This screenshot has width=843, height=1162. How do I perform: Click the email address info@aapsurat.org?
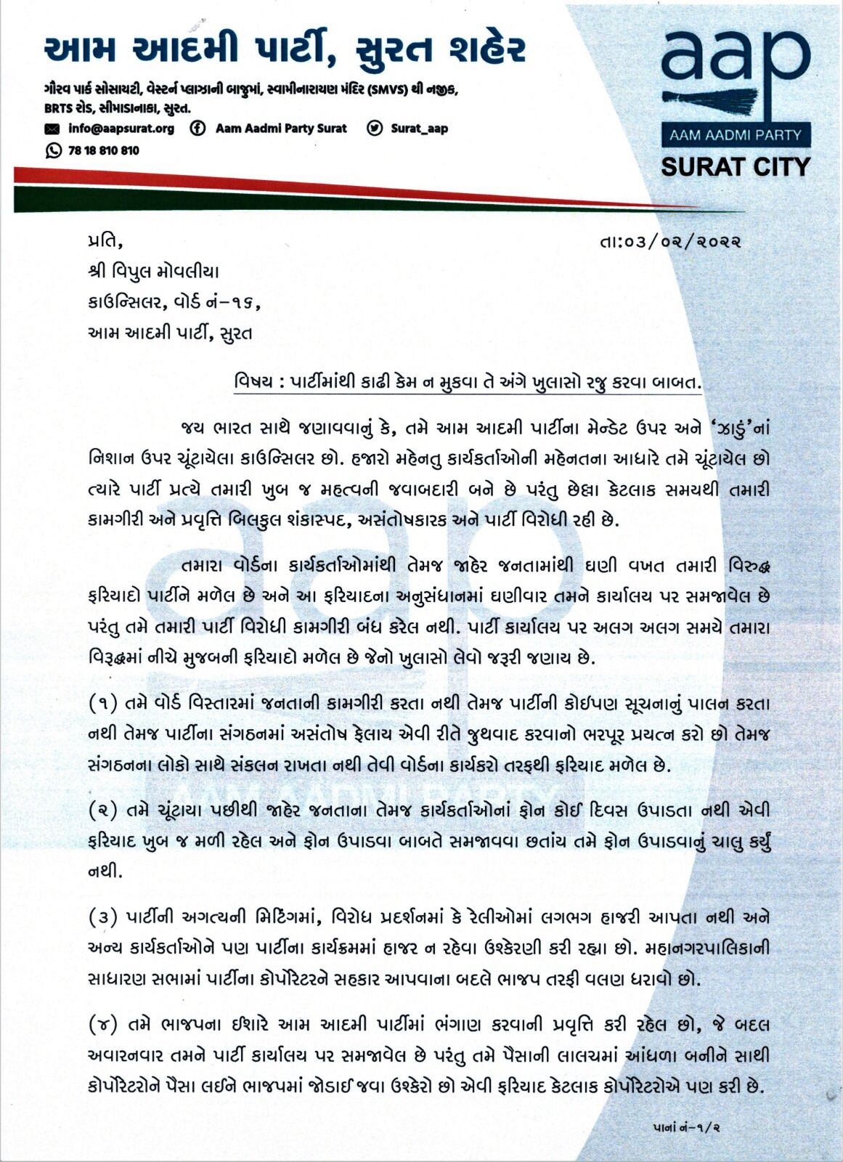pos(121,129)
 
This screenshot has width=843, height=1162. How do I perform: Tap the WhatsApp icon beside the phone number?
pos(53,150)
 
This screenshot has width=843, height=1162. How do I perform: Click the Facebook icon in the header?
pos(197,129)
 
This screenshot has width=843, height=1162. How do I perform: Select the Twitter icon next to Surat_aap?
pos(375,129)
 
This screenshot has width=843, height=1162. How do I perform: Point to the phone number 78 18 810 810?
pos(103,150)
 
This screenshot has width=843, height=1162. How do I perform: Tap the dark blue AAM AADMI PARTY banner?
pos(736,135)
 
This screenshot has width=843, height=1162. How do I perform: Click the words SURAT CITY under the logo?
pos(735,167)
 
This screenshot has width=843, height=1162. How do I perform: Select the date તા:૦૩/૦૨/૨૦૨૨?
pos(670,241)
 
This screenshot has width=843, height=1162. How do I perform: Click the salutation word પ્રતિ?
pos(100,241)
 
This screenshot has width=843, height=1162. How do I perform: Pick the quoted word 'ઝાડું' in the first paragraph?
pos(728,428)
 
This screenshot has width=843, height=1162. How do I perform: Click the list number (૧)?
pos(103,704)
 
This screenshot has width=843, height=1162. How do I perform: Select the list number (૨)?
pos(103,810)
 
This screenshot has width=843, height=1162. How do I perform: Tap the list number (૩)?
pos(103,917)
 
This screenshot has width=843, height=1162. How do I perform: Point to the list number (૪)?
pos(103,1025)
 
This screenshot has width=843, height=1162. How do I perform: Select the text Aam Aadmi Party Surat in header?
pos(281,129)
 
